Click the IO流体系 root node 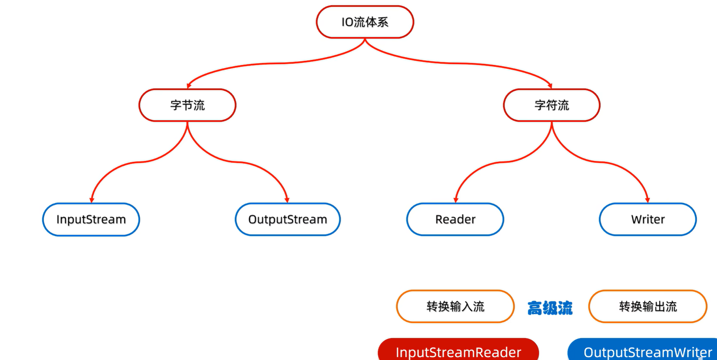click(365, 22)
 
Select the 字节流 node click(187, 105)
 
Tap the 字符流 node click(552, 105)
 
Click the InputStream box click(91, 219)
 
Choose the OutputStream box click(288, 219)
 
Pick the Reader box click(455, 219)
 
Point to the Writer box click(648, 219)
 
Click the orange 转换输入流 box click(455, 306)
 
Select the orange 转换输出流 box click(648, 306)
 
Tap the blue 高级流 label click(550, 308)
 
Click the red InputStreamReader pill click(458, 351)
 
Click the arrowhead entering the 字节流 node click(189, 86)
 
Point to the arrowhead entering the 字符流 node click(550, 86)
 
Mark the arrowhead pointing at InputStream click(92, 200)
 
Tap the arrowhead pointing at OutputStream click(287, 200)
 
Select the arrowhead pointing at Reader click(456, 200)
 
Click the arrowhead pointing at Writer click(647, 200)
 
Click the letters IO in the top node click(347, 22)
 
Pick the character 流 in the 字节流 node click(199, 105)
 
